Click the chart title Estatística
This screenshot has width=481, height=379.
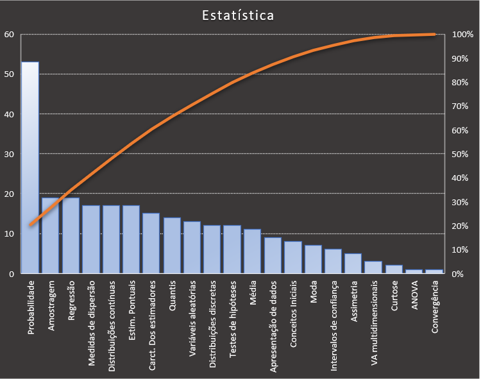[x=238, y=15]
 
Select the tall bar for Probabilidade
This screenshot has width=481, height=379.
[x=30, y=167]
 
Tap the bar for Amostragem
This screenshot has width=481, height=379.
[x=50, y=235]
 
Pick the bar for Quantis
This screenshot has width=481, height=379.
[x=171, y=246]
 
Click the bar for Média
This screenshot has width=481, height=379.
[x=252, y=251]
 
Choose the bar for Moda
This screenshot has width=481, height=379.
[x=313, y=259]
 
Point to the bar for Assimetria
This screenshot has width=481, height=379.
[x=353, y=264]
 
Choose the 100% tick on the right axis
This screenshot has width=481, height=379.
[x=462, y=35]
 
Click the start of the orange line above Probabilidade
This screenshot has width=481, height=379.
[x=30, y=224]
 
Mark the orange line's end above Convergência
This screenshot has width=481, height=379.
[x=435, y=34]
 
